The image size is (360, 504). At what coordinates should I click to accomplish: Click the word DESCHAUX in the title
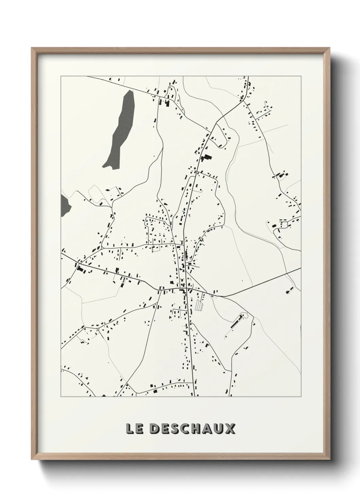tap(192, 429)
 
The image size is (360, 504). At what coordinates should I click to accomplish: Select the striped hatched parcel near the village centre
tap(199, 304)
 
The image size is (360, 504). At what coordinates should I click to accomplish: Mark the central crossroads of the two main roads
tap(185, 290)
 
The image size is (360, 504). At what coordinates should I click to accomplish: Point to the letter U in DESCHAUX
tap(218, 429)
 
